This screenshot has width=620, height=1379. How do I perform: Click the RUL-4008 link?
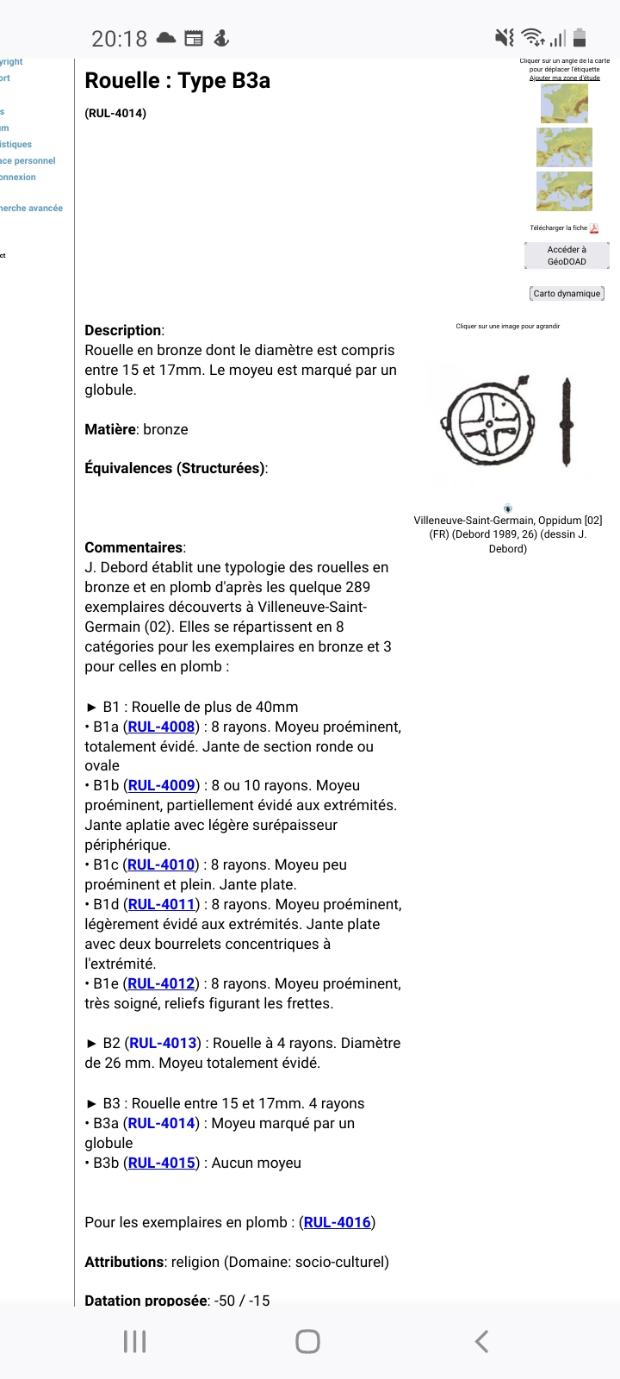click(x=161, y=727)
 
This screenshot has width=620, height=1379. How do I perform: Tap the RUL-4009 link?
click(x=161, y=785)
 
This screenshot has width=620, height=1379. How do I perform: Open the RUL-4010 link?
click(x=161, y=864)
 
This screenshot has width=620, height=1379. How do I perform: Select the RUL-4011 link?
click(x=161, y=904)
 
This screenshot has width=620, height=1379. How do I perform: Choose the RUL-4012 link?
click(x=161, y=983)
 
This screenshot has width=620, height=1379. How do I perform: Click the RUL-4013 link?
click(x=164, y=1043)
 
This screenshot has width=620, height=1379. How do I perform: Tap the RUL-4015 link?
click(x=161, y=1163)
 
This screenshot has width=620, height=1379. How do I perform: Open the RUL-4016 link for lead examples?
click(x=338, y=1222)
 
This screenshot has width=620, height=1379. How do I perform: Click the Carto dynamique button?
click(x=567, y=294)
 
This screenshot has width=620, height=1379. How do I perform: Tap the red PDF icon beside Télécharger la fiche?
click(x=594, y=228)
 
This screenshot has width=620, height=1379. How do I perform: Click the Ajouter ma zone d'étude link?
click(x=565, y=78)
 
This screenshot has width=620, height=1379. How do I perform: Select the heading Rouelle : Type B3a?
click(x=177, y=81)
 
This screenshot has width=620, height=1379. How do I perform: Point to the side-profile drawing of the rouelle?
click(x=566, y=422)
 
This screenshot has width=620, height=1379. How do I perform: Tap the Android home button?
click(x=307, y=1341)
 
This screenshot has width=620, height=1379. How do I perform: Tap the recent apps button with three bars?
click(x=135, y=1341)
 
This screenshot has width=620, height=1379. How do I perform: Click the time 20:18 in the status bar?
click(x=120, y=39)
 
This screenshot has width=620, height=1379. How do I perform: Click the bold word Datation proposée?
click(x=146, y=1301)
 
